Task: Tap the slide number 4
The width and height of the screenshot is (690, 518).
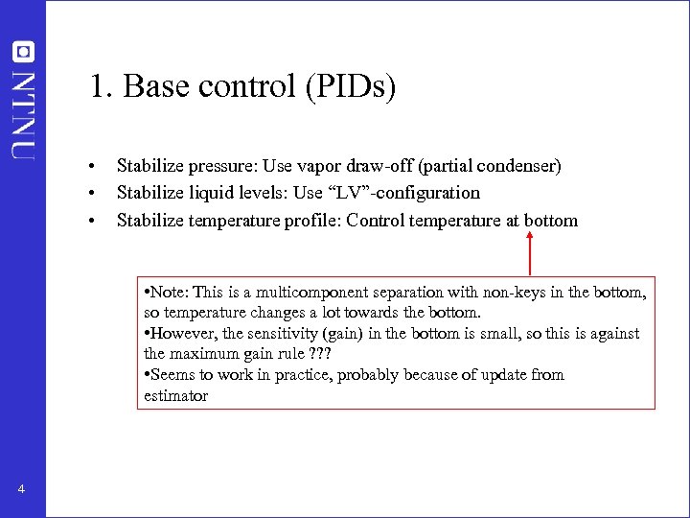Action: coord(21,491)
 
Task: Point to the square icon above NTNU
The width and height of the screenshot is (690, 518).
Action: coord(24,51)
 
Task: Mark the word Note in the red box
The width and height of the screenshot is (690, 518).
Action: coord(169,292)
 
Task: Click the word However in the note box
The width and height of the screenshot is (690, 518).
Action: coord(181,334)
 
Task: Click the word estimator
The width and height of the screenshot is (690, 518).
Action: coord(175,395)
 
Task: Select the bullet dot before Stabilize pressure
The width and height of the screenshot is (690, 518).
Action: coord(89,166)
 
